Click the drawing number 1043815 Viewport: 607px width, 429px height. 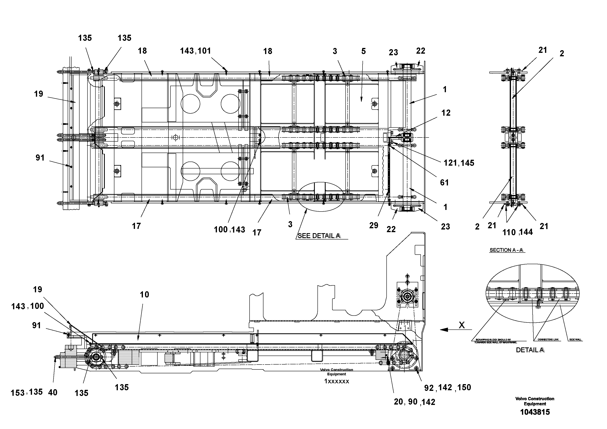pyautogui.click(x=535, y=412)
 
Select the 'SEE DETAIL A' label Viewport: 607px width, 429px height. pyautogui.click(x=319, y=236)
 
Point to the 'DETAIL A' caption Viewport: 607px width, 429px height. pyautogui.click(x=530, y=350)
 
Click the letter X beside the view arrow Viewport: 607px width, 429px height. pyautogui.click(x=462, y=325)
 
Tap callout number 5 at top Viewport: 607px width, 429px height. pyautogui.click(x=364, y=51)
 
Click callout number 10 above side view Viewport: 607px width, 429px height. pyautogui.click(x=144, y=294)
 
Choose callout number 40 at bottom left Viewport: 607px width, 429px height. pyautogui.click(x=53, y=392)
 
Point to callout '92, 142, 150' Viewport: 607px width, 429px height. pyautogui.click(x=447, y=388)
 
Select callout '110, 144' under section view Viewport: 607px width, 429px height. pyautogui.click(x=517, y=232)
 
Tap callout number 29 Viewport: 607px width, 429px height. pyautogui.click(x=374, y=225)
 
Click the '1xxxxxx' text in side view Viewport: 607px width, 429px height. pyautogui.click(x=337, y=381)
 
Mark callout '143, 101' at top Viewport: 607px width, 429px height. pyautogui.click(x=195, y=51)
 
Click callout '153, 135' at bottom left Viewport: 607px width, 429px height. pyautogui.click(x=27, y=392)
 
